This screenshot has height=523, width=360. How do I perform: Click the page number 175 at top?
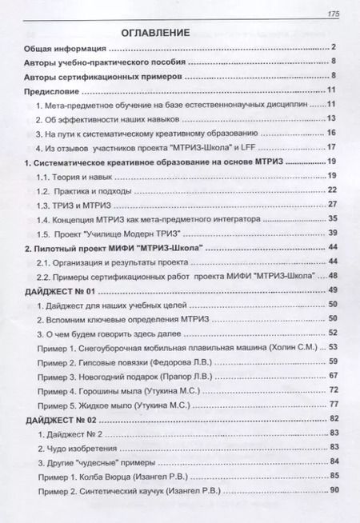click(334, 13)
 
